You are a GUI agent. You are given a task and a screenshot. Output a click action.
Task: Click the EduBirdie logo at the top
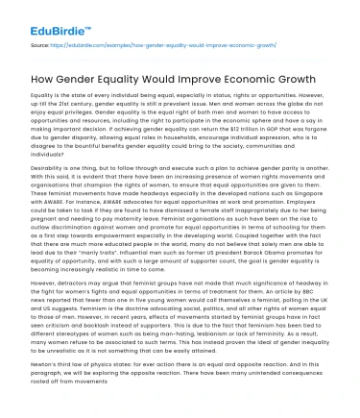tap(39, 14)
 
